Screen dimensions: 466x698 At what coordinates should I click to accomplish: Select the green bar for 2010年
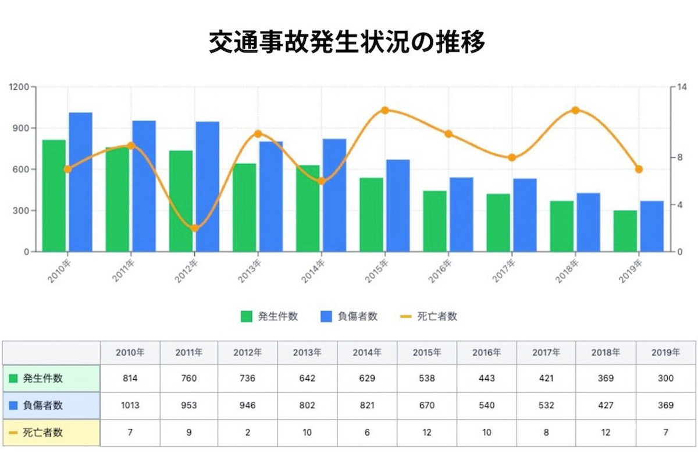click(54, 196)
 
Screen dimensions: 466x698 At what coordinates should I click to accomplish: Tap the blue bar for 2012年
click(207, 186)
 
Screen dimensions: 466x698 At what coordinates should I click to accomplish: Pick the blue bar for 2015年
click(398, 206)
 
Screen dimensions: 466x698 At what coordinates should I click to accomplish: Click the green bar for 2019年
click(625, 231)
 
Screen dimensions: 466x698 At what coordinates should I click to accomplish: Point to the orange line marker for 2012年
click(194, 228)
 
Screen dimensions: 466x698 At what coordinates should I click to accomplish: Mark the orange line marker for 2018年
click(575, 110)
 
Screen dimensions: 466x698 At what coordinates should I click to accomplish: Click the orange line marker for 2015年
click(384, 110)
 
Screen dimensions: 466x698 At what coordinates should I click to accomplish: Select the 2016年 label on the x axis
click(440, 271)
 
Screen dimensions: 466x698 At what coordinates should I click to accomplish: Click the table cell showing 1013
click(130, 405)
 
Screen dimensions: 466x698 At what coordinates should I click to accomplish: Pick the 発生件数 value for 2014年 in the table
click(368, 379)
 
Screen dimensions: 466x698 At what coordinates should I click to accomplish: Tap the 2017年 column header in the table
click(546, 352)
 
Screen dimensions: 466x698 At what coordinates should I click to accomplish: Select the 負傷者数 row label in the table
click(43, 405)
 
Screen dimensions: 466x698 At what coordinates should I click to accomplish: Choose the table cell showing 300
click(665, 379)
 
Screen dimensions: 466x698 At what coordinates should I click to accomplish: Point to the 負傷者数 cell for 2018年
click(606, 405)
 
